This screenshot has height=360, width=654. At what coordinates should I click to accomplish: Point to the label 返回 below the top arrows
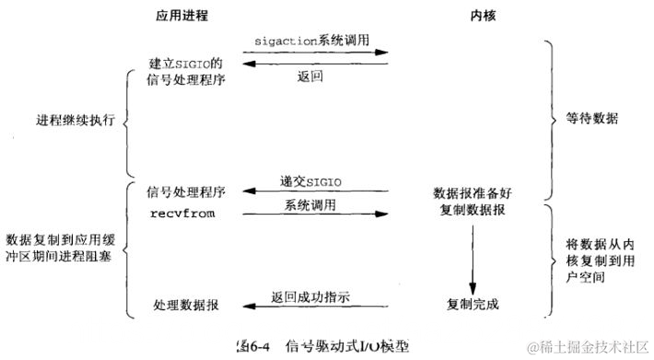(309, 76)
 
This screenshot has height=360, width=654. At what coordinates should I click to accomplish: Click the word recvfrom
(175, 212)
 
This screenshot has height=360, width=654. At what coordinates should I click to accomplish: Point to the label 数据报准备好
(471, 194)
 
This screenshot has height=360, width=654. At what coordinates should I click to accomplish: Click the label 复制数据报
(471, 211)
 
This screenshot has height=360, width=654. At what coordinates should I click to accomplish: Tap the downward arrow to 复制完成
(472, 253)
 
